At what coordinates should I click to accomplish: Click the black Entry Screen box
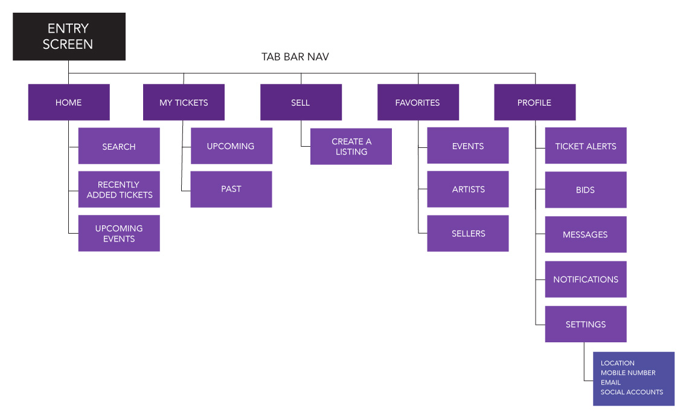click(x=69, y=36)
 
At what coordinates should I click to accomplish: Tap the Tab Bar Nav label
click(x=295, y=57)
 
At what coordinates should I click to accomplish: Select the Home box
click(x=69, y=102)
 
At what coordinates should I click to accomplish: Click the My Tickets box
click(x=184, y=102)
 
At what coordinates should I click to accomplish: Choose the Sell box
click(x=301, y=102)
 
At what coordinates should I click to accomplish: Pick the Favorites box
click(x=418, y=102)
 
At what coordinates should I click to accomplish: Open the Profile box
click(x=534, y=102)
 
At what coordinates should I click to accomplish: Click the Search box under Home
click(x=119, y=146)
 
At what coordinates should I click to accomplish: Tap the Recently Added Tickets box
click(x=119, y=190)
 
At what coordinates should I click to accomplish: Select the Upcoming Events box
click(x=119, y=233)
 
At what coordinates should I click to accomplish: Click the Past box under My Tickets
click(x=231, y=189)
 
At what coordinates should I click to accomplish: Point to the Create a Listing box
click(x=351, y=146)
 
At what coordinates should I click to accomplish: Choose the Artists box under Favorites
click(x=468, y=189)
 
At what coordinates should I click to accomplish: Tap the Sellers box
click(x=468, y=233)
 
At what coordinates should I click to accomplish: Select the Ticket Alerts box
click(x=586, y=146)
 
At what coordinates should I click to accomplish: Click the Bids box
click(x=586, y=190)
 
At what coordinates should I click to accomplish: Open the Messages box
click(x=586, y=234)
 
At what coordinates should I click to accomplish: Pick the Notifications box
click(x=586, y=279)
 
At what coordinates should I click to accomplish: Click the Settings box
click(x=586, y=324)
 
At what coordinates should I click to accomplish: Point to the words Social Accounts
click(x=632, y=392)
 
